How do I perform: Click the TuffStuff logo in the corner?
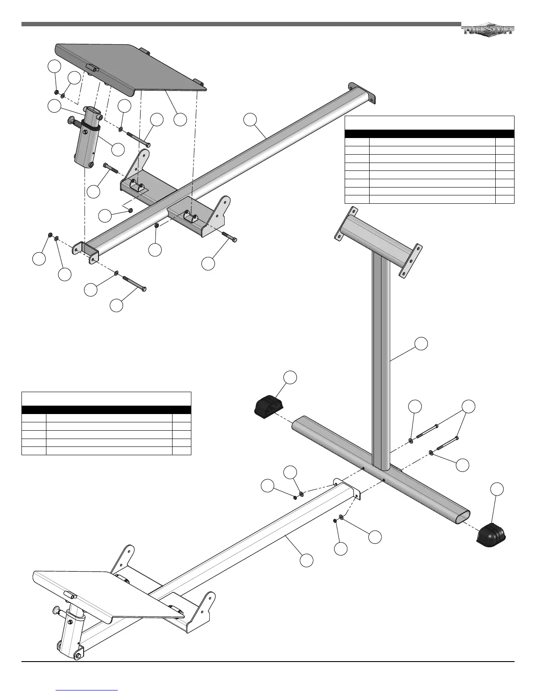(488, 30)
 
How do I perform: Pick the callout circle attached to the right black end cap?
(497, 489)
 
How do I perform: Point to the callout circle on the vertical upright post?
(421, 343)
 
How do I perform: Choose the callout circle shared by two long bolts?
(469, 406)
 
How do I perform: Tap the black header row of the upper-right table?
(429, 134)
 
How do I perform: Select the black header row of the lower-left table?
(106, 410)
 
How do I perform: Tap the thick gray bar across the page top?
(241, 24)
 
